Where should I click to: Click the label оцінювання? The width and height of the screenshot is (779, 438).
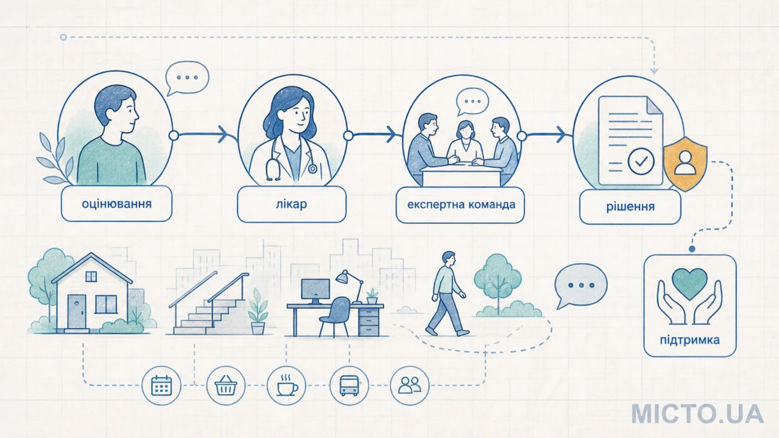coord(116,204)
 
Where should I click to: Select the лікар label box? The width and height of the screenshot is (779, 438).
coord(292,204)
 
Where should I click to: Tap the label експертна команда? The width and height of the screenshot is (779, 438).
coord(461,205)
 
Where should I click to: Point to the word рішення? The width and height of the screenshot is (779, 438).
coord(630,207)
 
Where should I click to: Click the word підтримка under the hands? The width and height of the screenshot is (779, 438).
coord(690,340)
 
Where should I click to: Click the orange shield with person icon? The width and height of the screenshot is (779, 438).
coord(686,163)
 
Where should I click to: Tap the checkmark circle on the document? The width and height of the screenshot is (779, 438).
coord(641,161)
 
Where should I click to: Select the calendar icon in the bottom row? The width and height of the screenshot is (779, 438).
coord(161,386)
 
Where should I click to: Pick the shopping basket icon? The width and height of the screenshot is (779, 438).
coord(226,386)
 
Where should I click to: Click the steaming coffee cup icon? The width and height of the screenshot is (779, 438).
coord(287,386)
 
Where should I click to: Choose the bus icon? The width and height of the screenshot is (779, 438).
coord(349,386)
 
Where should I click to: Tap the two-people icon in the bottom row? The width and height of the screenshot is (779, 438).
coord(410,386)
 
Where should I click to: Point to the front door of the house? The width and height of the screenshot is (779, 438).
coord(77,312)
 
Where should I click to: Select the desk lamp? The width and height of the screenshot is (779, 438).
coord(350,286)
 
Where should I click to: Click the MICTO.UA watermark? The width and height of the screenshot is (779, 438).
coord(697,414)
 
